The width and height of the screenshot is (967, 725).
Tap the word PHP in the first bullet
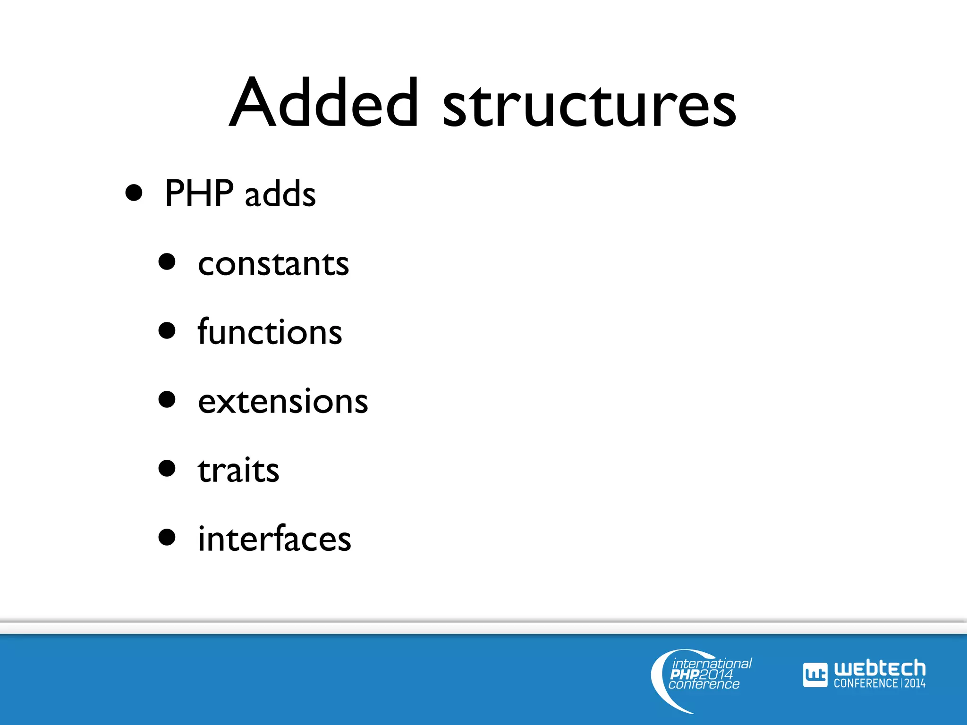199,193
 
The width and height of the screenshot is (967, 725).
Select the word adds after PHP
280,194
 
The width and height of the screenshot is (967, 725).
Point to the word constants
273,264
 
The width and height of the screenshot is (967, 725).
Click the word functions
270,332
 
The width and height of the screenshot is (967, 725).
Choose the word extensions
283,402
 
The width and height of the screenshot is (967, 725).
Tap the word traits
238,470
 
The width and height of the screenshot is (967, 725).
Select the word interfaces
274,539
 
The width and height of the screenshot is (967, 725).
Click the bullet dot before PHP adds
134,193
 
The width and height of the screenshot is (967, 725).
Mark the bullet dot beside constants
167,261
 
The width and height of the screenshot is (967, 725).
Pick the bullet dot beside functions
167,330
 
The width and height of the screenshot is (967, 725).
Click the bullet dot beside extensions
167,399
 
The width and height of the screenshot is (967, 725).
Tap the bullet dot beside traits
167,468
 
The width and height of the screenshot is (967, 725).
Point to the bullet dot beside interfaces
167,537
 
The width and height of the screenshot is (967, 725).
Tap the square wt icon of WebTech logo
815,675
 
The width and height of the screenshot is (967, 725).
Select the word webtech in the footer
880,668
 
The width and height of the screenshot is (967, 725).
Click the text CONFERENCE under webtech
865,683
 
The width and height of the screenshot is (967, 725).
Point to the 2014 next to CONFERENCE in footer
915,683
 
